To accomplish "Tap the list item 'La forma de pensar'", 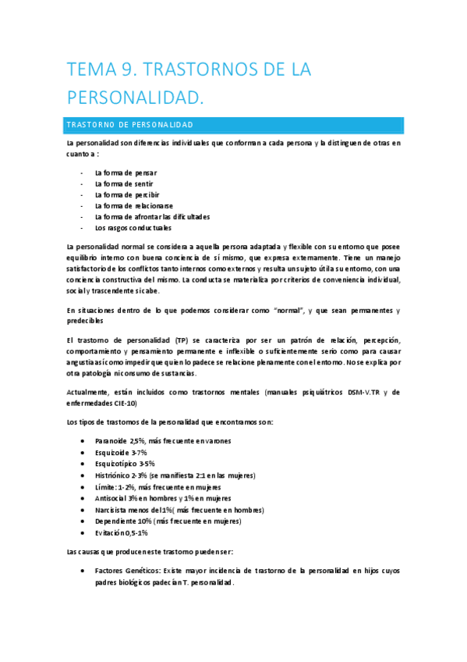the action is click(126, 173).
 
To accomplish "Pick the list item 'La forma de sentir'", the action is click(124, 183).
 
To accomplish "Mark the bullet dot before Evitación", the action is click(83, 532).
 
